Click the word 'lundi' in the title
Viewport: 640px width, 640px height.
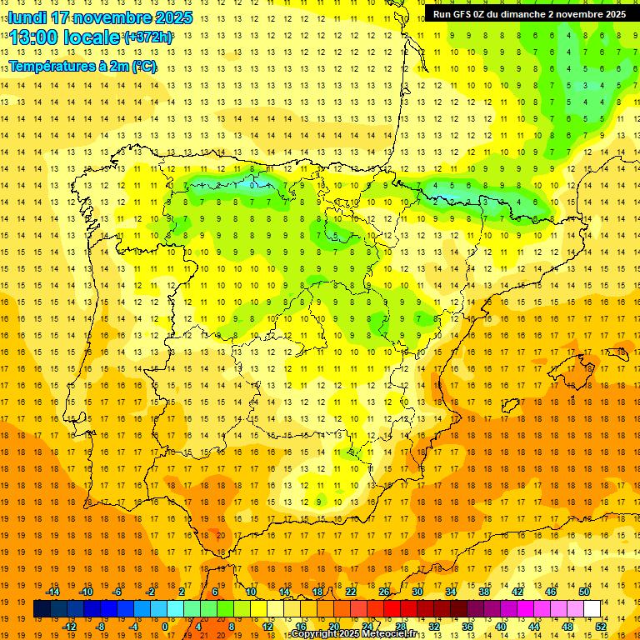[27, 17]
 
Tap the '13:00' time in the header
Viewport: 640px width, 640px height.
[37, 37]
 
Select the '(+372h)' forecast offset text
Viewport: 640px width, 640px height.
[147, 37]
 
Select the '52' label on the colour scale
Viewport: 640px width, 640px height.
[601, 626]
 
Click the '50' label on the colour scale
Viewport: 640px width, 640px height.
[584, 592]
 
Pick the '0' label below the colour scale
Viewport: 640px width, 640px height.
[164, 626]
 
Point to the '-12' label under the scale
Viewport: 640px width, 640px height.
[69, 626]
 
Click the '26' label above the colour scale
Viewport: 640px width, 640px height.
[384, 592]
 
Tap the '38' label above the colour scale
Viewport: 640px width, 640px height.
[484, 592]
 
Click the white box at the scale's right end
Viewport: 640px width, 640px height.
[592, 609]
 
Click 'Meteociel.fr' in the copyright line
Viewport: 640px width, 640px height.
[395, 635]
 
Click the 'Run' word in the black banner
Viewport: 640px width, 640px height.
[442, 14]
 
